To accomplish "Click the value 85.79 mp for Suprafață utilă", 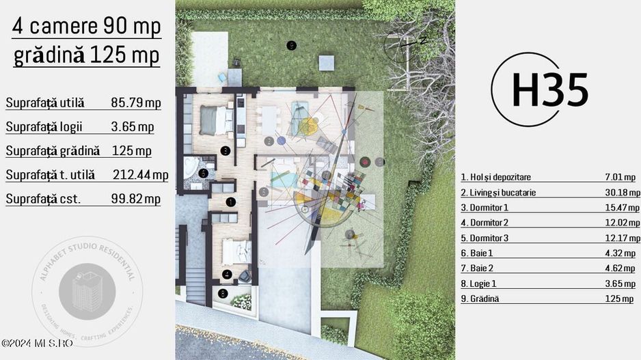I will click(x=136, y=103).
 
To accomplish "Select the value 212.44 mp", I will click(x=140, y=175).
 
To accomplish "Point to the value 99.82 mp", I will click(x=136, y=199).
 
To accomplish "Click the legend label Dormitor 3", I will click(x=485, y=238).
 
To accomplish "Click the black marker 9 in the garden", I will click(x=292, y=46).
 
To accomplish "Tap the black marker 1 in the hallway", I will click(x=230, y=202).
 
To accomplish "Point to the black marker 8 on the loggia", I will click(x=223, y=294).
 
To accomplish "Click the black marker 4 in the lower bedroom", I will click(x=227, y=274).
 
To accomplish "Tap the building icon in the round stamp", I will click(x=82, y=291).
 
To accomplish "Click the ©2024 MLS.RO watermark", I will click(x=37, y=343).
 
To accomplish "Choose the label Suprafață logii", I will click(x=45, y=127).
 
